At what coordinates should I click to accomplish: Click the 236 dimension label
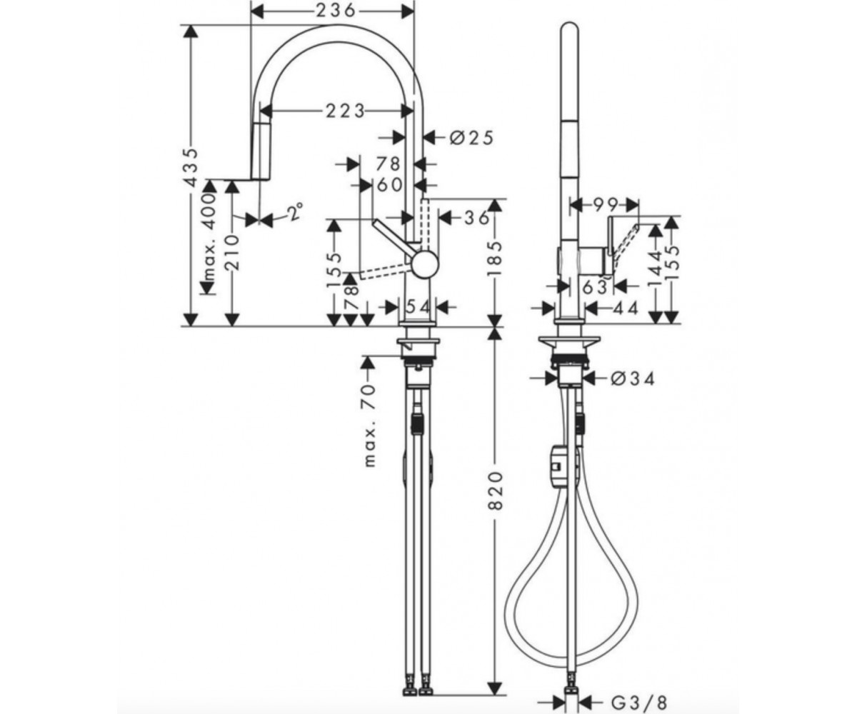pos(336,11)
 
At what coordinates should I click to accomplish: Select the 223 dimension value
pos(345,111)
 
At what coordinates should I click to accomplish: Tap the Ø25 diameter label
pos(471,138)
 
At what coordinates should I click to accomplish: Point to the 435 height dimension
pos(191,167)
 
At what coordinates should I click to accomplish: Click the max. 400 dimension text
pos(209,238)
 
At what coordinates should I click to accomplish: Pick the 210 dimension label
pos(233,252)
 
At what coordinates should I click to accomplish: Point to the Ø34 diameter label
pos(633,379)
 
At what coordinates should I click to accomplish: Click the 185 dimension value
pos(496,258)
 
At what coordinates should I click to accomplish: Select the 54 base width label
pos(418,306)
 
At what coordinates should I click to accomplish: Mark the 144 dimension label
pos(656,269)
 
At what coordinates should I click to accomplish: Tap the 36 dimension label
pos(477,218)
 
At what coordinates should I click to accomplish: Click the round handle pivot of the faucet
pos(425,264)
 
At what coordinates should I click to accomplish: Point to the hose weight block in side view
pos(558,466)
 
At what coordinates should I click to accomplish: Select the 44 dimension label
pos(626,308)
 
